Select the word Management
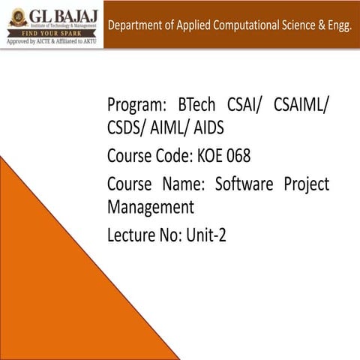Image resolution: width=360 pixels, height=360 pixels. [151, 206]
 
